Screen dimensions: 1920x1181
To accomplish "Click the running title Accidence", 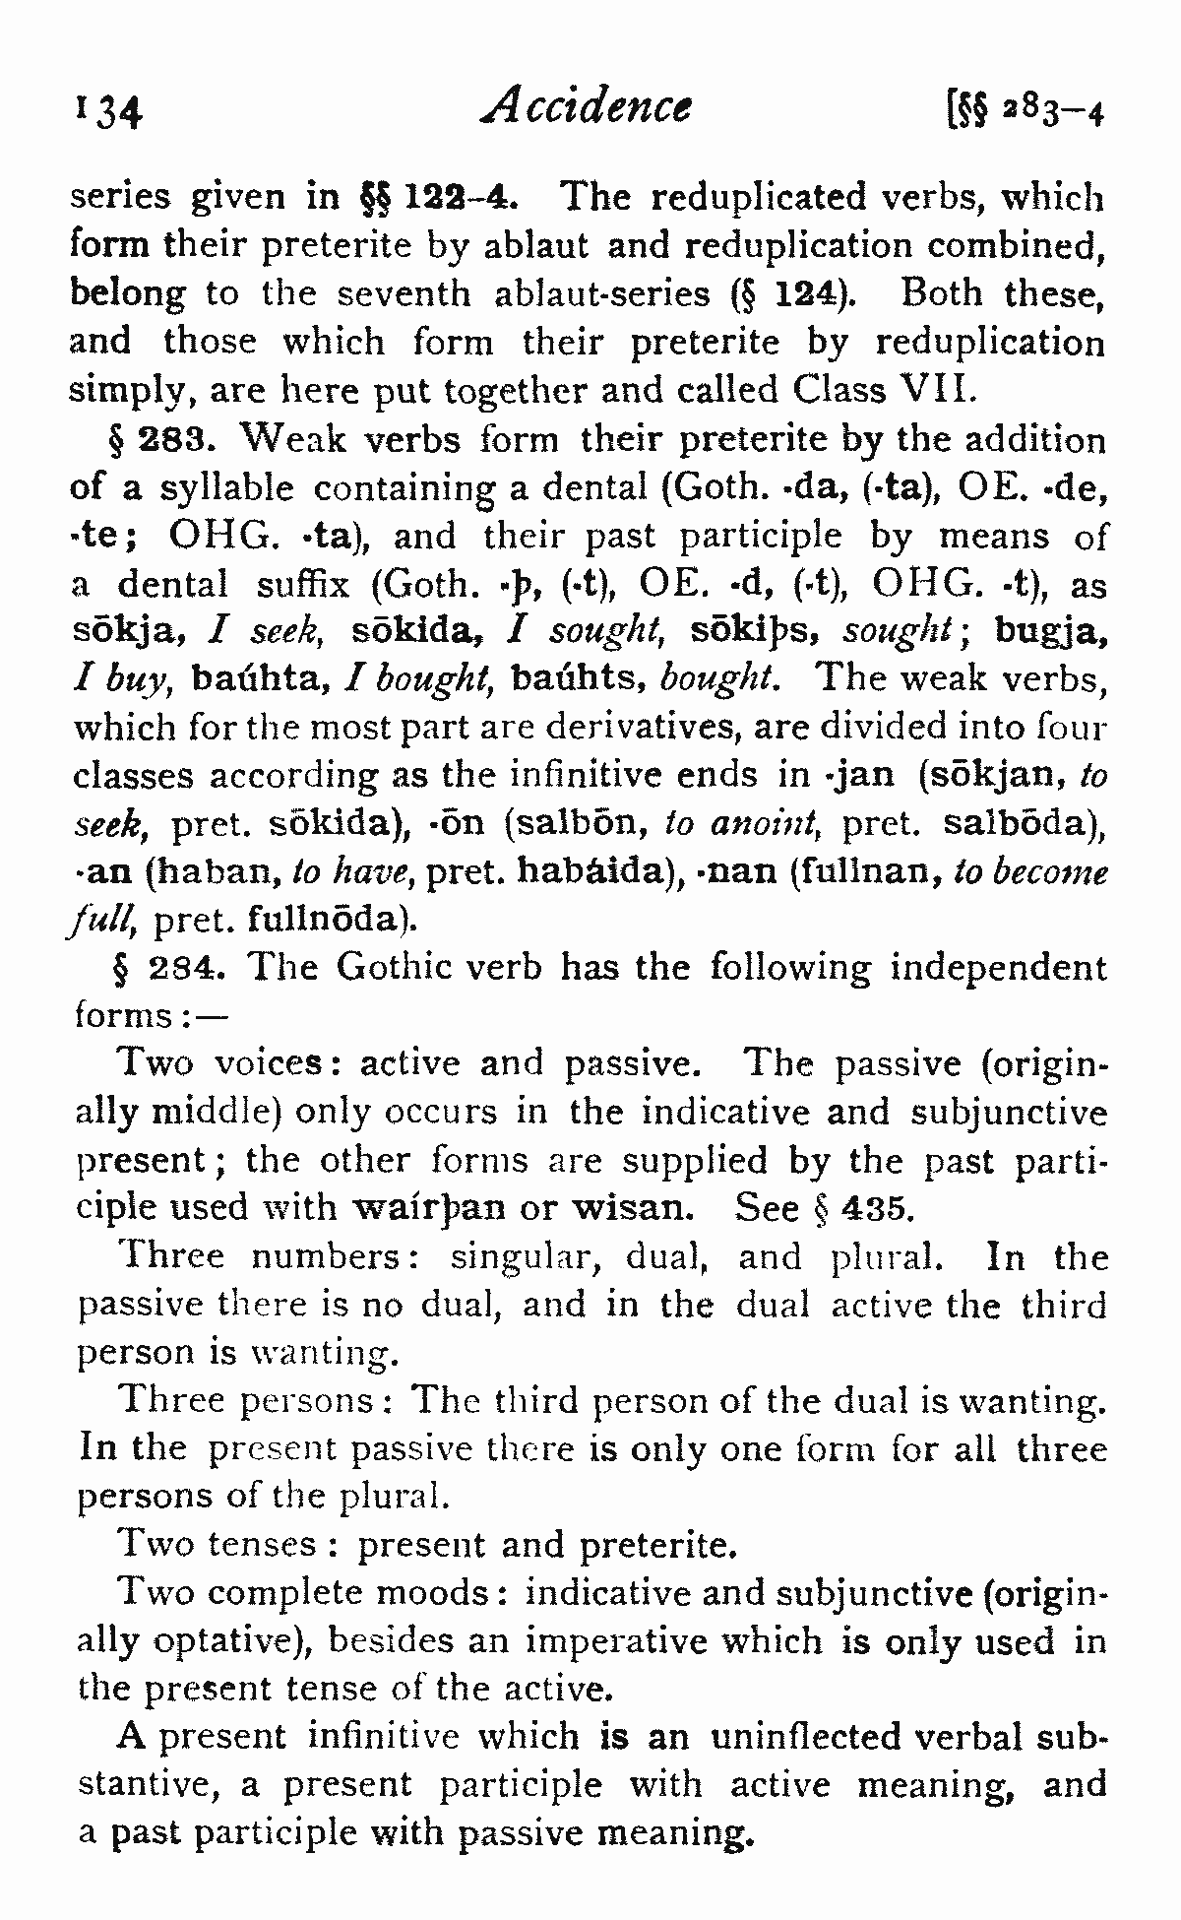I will point(587,105).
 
